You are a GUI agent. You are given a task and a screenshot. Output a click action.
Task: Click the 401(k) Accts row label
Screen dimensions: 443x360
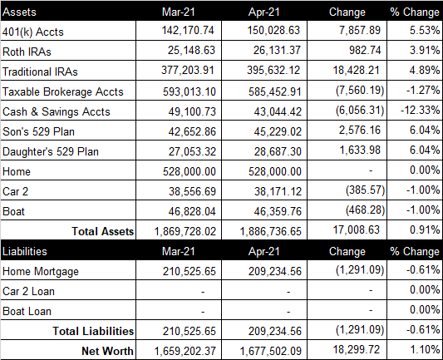33,32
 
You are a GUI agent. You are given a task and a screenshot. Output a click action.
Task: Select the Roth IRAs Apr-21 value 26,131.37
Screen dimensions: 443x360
277,50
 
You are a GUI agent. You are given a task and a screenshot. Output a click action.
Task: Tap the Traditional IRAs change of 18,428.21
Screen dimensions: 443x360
356,70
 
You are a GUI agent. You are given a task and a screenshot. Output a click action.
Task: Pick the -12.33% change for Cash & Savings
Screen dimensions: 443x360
420,110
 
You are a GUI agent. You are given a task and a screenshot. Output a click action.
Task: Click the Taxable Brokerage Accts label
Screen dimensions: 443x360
63,91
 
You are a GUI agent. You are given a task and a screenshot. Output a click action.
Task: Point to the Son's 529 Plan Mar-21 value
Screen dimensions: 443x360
192,131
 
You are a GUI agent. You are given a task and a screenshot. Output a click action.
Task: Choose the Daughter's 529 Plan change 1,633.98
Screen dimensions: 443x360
360,150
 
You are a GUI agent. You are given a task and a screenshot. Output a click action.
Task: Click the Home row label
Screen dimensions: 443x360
17,171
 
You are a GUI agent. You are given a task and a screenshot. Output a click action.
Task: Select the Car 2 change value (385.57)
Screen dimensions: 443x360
366,190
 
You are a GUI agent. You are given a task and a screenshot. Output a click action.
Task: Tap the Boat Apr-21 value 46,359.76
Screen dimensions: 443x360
278,211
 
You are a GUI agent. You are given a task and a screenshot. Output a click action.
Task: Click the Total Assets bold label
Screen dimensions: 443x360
103,231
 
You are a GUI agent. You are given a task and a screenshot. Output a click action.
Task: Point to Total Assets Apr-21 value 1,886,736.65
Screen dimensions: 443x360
271,231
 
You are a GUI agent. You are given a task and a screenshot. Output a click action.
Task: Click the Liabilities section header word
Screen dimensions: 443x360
25,251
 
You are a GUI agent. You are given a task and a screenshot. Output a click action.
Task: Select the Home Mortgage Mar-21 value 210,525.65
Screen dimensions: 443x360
190,271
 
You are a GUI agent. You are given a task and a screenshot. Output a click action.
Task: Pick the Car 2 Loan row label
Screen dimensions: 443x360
28,291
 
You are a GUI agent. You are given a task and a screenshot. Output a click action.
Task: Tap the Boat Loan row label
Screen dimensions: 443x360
27,312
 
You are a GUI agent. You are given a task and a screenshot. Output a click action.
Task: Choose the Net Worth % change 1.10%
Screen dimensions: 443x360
425,349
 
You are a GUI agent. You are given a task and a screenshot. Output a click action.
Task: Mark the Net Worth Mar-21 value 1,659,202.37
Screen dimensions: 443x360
185,351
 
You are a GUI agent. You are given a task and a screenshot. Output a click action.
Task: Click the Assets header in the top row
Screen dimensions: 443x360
19,12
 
